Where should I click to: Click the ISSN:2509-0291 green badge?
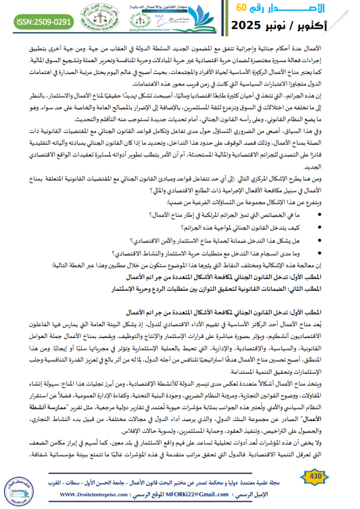click(44, 22)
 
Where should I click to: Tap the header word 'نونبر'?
click(282, 25)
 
